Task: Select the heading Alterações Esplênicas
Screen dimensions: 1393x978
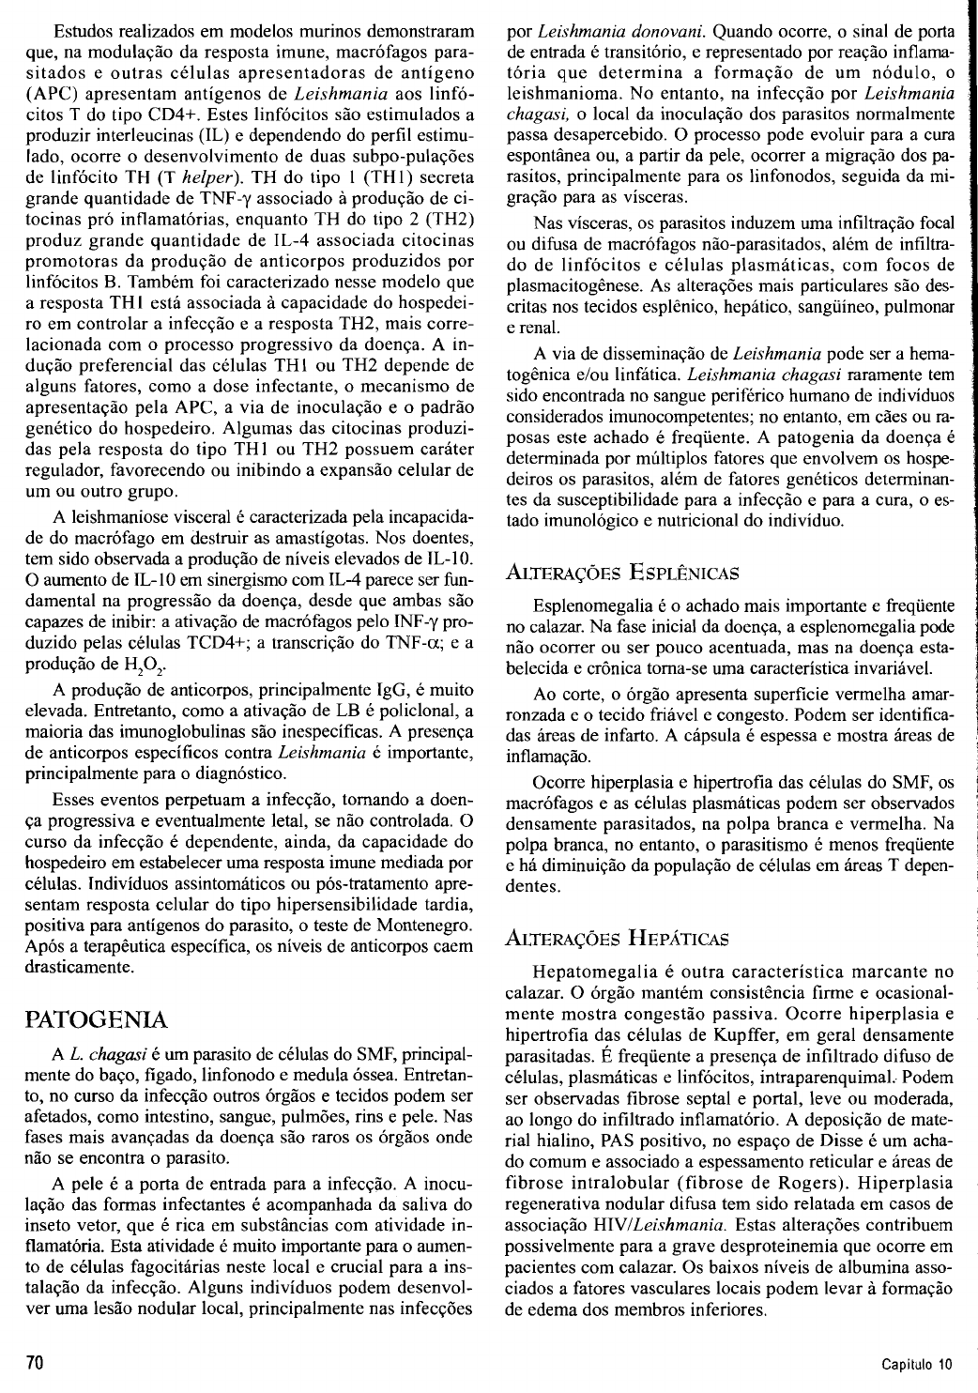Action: pyautogui.click(x=621, y=571)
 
